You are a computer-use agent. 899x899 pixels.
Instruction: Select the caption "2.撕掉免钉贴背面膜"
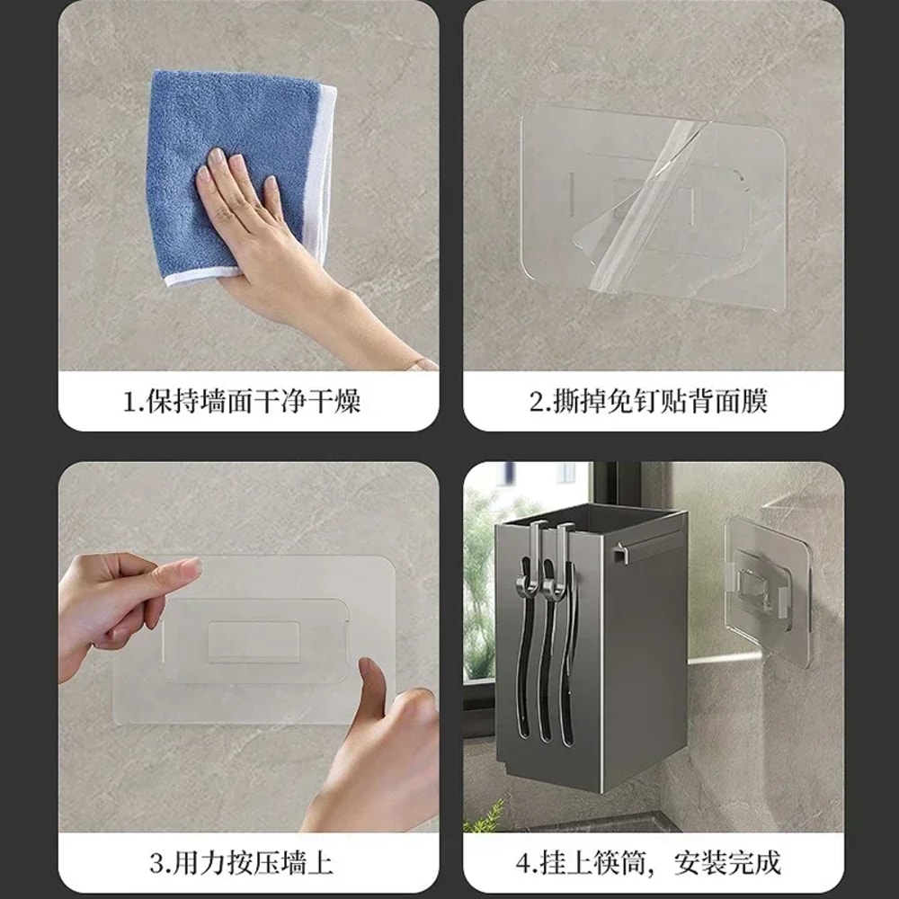(x=648, y=401)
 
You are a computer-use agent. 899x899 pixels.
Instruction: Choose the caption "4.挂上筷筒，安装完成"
(x=648, y=864)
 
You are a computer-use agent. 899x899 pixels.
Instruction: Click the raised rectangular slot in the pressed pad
(x=254, y=641)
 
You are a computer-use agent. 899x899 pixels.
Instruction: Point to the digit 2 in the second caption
(x=537, y=401)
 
